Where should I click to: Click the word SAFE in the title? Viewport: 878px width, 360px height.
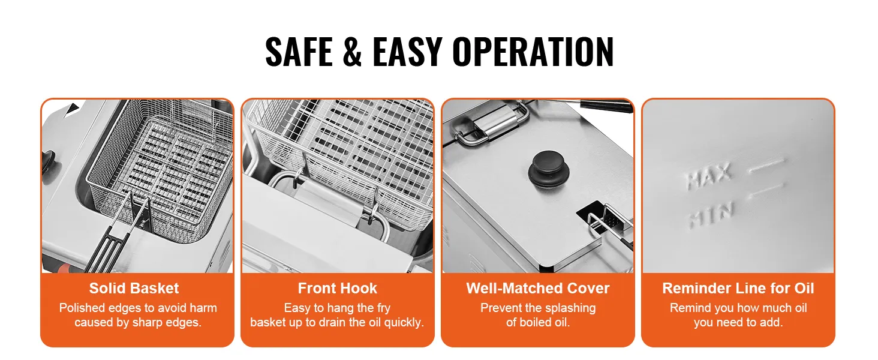[x=299, y=52]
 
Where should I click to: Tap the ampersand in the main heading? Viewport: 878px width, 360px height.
[x=352, y=52]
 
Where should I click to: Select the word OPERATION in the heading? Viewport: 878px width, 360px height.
[x=533, y=52]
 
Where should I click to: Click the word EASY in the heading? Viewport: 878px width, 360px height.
[x=407, y=52]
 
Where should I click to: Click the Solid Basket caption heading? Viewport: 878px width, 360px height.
[x=134, y=288]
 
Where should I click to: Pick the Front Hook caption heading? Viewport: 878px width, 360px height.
[x=338, y=288]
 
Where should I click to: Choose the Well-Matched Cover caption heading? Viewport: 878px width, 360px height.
[x=538, y=288]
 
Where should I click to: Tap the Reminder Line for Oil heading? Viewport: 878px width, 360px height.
[x=738, y=288]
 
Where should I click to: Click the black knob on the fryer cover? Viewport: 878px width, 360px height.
[x=548, y=170]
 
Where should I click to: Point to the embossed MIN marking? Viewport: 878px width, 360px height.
[x=711, y=215]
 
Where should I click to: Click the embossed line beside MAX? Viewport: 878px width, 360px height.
[x=766, y=165]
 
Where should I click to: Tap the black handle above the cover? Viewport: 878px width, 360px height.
[x=606, y=106]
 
